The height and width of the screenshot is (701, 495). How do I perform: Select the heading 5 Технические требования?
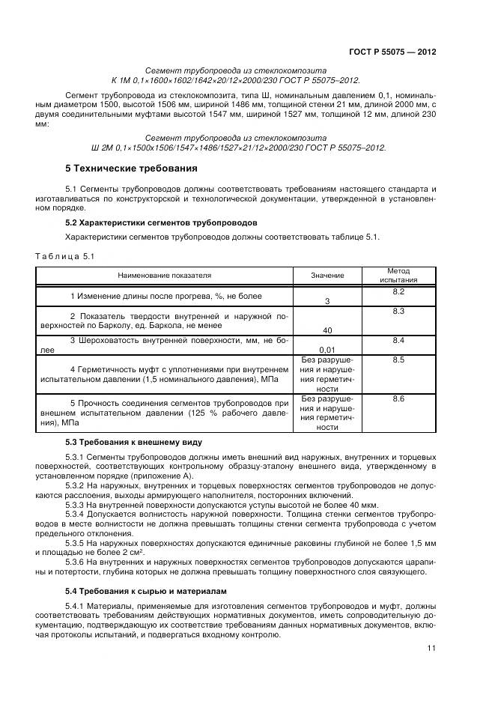pyautogui.click(x=131, y=168)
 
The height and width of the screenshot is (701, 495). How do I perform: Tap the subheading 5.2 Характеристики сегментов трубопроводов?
pyautogui.click(x=161, y=223)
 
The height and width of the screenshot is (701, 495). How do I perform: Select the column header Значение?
pyautogui.click(x=327, y=276)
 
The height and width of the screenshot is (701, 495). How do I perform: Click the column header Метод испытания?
pyautogui.click(x=398, y=276)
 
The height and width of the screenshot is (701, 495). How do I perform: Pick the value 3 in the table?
pyautogui.click(x=327, y=301)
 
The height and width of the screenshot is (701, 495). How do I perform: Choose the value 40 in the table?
pyautogui.click(x=327, y=330)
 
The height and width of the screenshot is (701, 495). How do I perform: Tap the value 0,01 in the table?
pyautogui.click(x=327, y=349)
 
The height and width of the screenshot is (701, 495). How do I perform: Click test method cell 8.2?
pyautogui.click(x=398, y=291)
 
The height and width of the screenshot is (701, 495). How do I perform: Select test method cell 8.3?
pyautogui.click(x=398, y=311)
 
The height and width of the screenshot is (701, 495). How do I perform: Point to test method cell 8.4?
pyautogui.click(x=398, y=341)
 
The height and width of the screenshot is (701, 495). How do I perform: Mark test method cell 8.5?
pyautogui.click(x=398, y=360)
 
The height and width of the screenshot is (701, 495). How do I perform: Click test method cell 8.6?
pyautogui.click(x=398, y=399)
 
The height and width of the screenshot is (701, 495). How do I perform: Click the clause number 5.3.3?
pyautogui.click(x=76, y=506)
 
